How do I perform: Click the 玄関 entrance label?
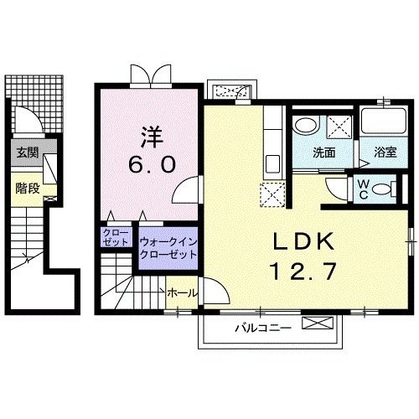[28, 153]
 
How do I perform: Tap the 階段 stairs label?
[28, 189]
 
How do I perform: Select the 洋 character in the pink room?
[153, 137]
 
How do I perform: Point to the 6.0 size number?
[153, 164]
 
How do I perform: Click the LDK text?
[303, 241]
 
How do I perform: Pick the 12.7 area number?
[303, 272]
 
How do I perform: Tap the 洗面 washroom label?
[323, 153]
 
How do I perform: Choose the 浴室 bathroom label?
[385, 153]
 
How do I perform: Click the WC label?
[363, 189]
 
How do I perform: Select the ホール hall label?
[182, 293]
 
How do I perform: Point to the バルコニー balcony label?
[263, 328]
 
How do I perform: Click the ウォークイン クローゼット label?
[168, 248]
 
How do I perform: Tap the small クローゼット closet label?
[116, 237]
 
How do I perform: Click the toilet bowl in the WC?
[384, 189]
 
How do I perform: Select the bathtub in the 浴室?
[383, 121]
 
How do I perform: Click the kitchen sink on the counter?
[272, 164]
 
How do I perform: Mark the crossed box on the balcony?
[318, 323]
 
